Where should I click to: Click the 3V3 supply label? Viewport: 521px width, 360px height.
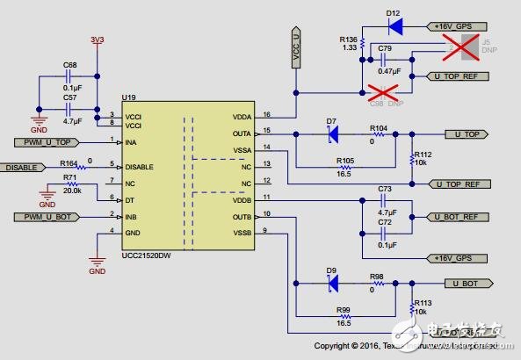pyautogui.click(x=97, y=40)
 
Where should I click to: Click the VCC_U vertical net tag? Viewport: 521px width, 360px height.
pyautogui.click(x=296, y=45)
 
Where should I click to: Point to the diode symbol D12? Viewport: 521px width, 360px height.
pyautogui.click(x=394, y=26)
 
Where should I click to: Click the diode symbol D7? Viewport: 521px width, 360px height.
pyautogui.click(x=332, y=133)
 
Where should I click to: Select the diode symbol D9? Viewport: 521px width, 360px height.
pyautogui.click(x=332, y=284)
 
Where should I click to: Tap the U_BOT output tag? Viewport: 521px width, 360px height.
pyautogui.click(x=467, y=284)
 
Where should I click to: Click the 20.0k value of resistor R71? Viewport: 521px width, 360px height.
pyautogui.click(x=71, y=190)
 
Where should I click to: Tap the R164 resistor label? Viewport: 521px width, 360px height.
pyautogui.click(x=69, y=162)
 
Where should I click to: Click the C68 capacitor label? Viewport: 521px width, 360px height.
pyautogui.click(x=70, y=66)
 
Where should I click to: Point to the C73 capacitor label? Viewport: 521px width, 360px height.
pyautogui.click(x=384, y=189)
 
